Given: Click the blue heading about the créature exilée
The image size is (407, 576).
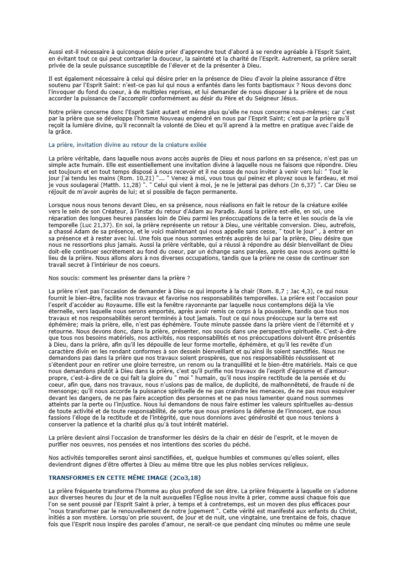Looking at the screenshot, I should pos(127,145).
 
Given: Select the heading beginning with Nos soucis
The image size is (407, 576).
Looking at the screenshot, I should pos(119,278).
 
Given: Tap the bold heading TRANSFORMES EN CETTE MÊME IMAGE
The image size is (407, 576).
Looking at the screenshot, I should pos(125,478).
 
